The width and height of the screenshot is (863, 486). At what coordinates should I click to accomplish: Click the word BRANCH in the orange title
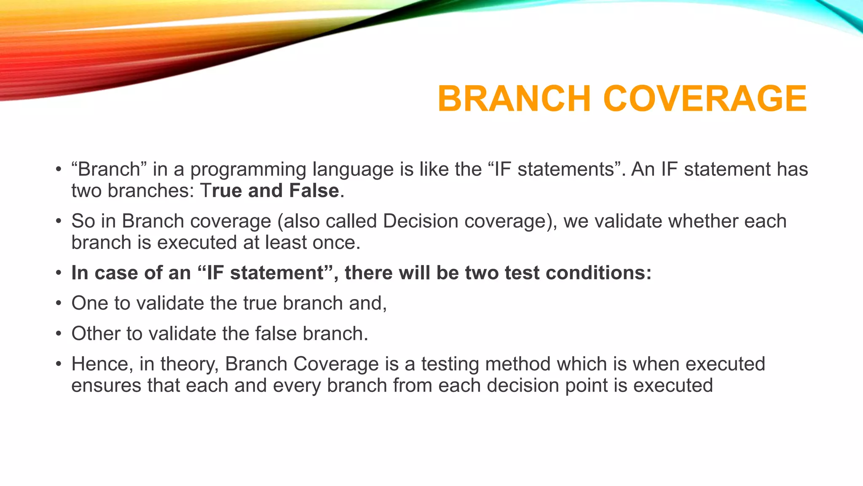click(514, 99)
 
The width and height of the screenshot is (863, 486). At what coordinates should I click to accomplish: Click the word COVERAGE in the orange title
click(705, 99)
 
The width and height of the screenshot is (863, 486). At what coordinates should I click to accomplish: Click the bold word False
click(314, 191)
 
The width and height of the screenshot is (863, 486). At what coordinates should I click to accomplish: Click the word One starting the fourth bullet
click(90, 303)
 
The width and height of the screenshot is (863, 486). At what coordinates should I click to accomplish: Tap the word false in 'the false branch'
click(276, 334)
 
